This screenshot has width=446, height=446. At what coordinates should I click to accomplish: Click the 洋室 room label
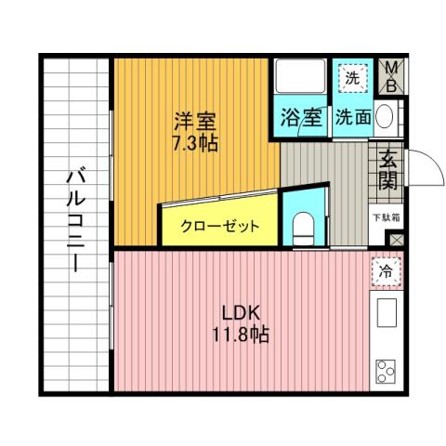point(194,121)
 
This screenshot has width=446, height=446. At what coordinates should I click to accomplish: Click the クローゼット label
point(219,226)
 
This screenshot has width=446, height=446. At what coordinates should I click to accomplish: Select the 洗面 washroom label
point(353,118)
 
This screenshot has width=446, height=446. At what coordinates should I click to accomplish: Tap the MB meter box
point(393,76)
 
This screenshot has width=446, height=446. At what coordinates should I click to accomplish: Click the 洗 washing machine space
point(351,78)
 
